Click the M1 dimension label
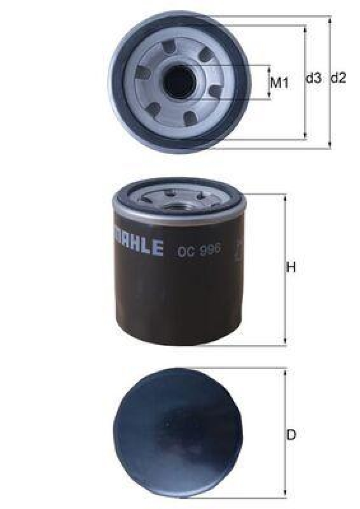click(x=280, y=82)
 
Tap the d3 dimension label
click(x=314, y=78)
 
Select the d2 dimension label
click(x=339, y=78)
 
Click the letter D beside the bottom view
click(x=291, y=435)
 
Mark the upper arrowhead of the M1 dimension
click(x=270, y=68)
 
